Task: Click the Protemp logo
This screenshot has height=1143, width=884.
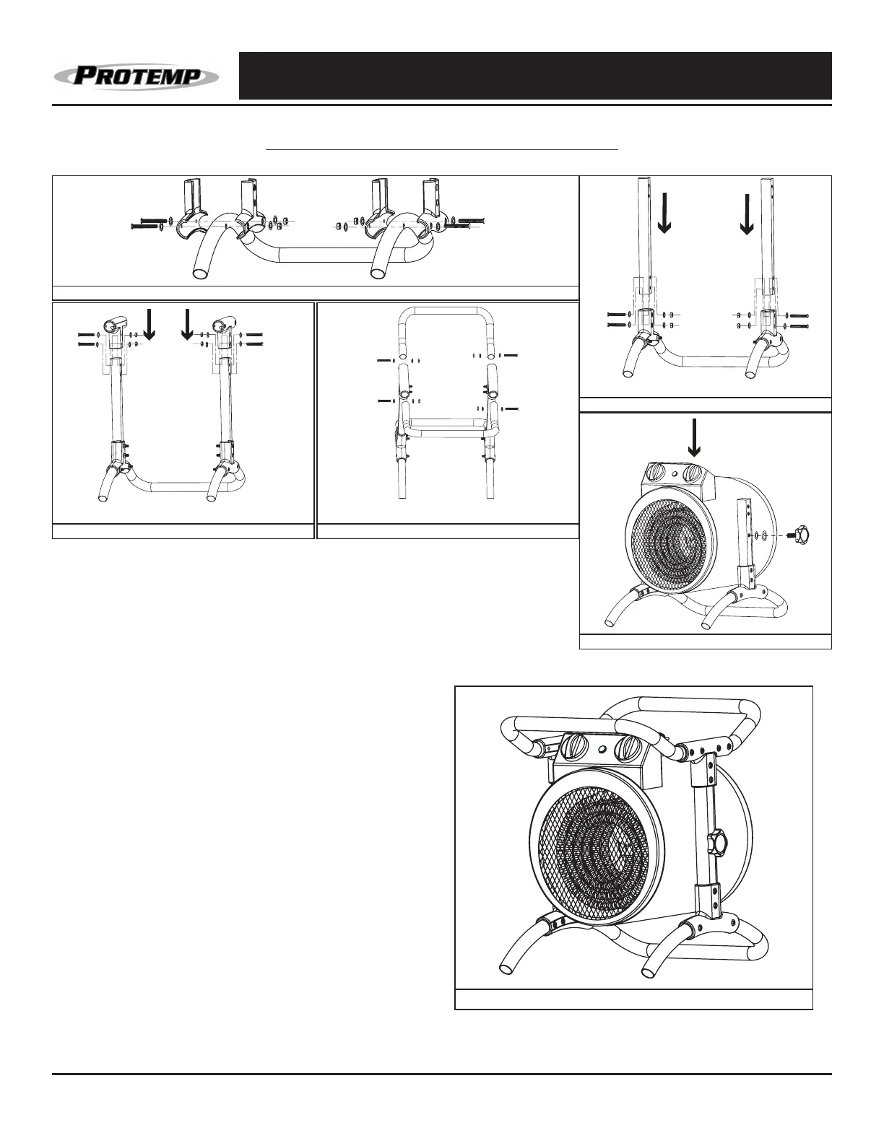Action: (136, 76)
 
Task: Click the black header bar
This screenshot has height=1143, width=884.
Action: (535, 76)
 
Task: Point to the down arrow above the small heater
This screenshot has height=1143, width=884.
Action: (694, 439)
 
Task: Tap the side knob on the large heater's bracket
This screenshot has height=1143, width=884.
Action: (718, 842)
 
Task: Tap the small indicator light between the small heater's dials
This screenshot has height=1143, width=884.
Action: (676, 474)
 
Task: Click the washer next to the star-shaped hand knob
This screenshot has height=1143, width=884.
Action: (763, 536)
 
